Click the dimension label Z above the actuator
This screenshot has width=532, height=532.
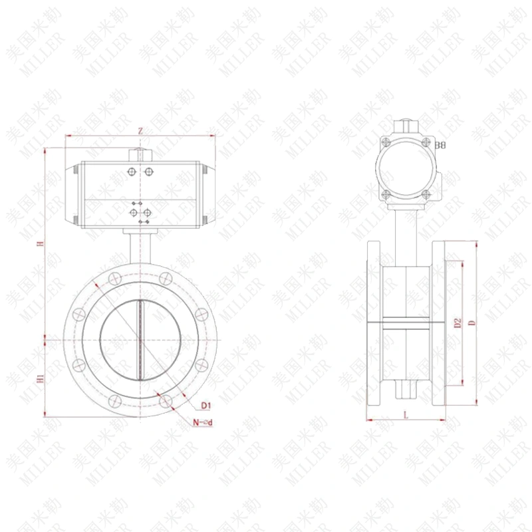point(140,131)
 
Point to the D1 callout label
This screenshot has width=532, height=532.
point(205,405)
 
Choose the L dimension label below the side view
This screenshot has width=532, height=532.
point(406,414)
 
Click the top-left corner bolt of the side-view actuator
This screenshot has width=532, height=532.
point(386,141)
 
